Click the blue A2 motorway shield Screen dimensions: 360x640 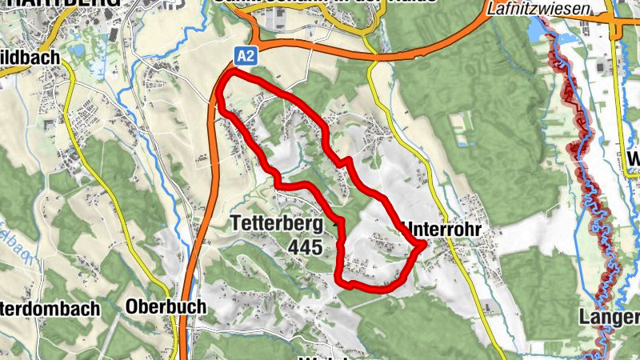[246, 55]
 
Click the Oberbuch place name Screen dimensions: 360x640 [166, 306]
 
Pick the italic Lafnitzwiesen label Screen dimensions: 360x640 [538, 9]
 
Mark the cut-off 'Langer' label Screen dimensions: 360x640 [610, 318]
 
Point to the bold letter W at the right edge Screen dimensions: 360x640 [634, 160]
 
